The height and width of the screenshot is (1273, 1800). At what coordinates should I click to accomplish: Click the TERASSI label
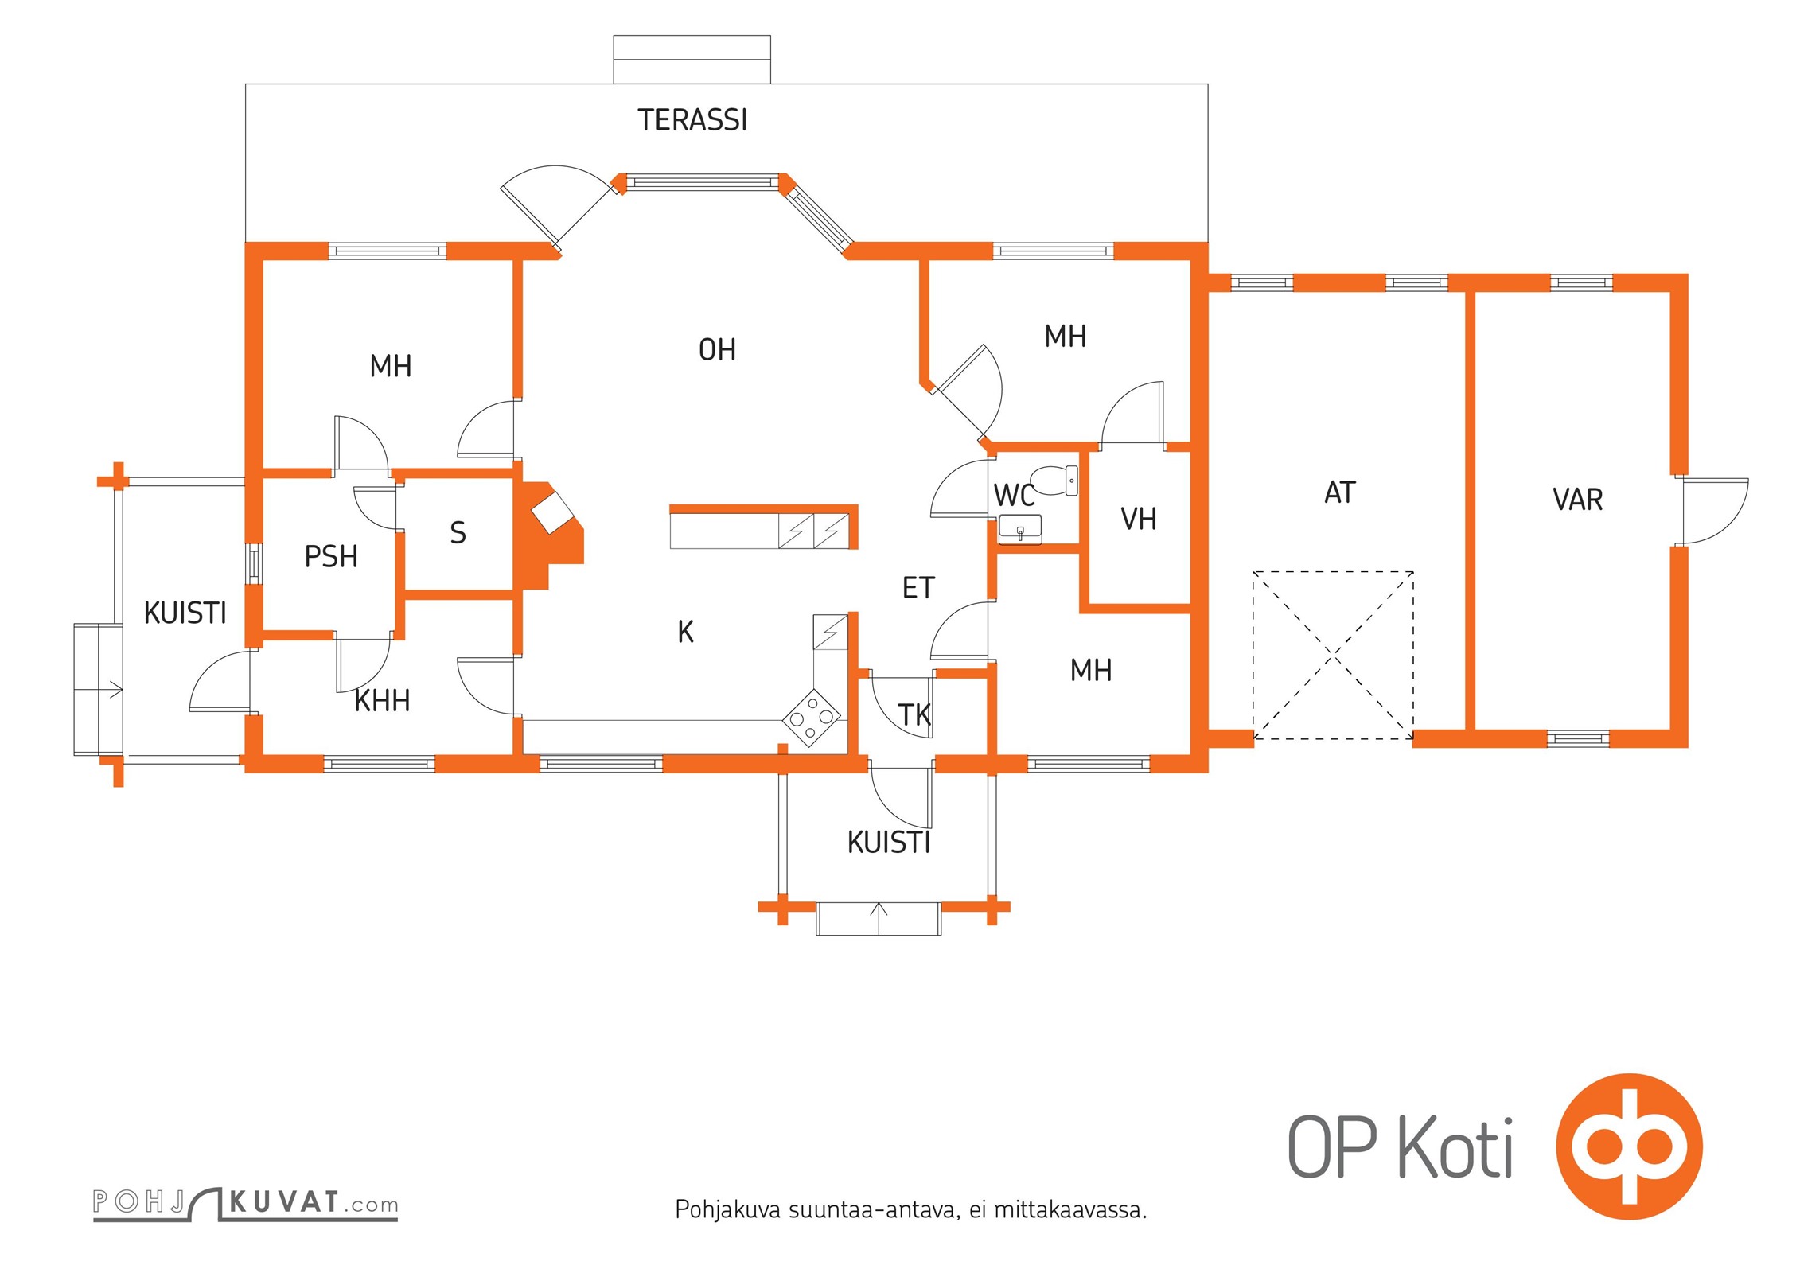692,120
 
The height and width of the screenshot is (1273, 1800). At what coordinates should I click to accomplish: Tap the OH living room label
717,350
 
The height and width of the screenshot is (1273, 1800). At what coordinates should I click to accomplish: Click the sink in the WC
1019,530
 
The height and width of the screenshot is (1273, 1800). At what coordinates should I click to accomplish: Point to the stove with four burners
812,718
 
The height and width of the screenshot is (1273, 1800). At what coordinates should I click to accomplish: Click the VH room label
1138,520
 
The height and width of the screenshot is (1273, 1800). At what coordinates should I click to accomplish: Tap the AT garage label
1339,493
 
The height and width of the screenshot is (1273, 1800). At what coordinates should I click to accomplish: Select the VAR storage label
1577,500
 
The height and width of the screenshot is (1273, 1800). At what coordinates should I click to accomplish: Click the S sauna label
458,533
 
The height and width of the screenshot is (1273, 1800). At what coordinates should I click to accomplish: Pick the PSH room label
331,557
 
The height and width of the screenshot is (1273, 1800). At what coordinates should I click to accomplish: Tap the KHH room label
382,702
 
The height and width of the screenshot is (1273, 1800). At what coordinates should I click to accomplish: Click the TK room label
914,715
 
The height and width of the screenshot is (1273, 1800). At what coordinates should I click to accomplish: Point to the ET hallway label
918,588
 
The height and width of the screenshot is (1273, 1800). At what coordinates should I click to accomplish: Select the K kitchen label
685,632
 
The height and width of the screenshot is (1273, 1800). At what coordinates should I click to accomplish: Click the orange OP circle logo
1629,1146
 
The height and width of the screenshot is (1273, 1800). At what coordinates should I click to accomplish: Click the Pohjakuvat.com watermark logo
245,1204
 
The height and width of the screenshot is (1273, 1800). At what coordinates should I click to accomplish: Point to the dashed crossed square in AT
1333,656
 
